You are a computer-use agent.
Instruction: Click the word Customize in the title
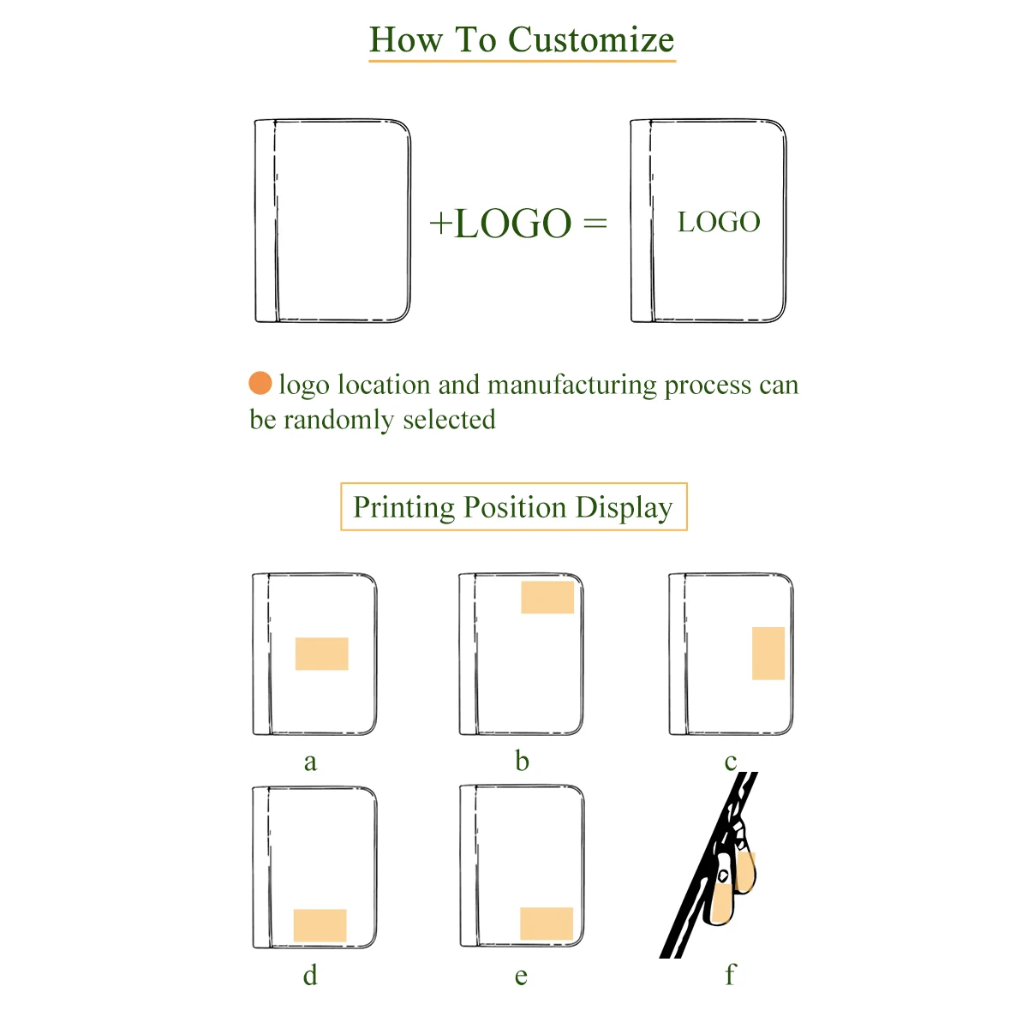[x=591, y=40]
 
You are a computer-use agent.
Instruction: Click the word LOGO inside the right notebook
[x=719, y=223]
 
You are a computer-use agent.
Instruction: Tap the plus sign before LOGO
[x=440, y=224]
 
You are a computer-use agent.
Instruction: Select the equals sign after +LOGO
[x=595, y=224]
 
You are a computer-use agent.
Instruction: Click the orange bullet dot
[x=260, y=383]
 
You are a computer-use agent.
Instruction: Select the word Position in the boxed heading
[x=515, y=507]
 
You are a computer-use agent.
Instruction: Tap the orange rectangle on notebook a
[x=321, y=654]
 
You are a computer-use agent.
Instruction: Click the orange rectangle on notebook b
[x=547, y=597]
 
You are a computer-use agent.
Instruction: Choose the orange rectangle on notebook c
[x=768, y=653]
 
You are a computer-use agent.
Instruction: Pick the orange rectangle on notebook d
[x=320, y=925]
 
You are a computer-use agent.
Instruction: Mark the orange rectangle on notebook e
[x=547, y=923]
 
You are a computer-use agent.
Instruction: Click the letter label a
[x=310, y=762]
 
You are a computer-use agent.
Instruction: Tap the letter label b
[x=522, y=761]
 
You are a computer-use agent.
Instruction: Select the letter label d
[x=310, y=975]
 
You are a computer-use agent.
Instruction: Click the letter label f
[x=730, y=975]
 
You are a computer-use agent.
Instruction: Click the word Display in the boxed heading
[x=624, y=507]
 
